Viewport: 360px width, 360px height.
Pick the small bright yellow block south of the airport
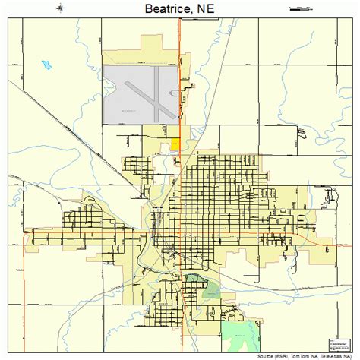(x=175, y=142)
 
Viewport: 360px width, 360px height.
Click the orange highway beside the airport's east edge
(x=179, y=91)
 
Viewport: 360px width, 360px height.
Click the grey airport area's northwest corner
(x=104, y=66)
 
